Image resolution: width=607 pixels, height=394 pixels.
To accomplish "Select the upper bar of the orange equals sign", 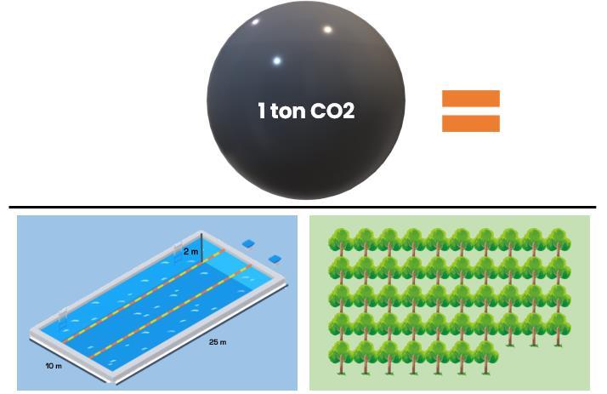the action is (x=470, y=99).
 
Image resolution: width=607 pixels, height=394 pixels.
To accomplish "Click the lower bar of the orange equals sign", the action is (x=470, y=123).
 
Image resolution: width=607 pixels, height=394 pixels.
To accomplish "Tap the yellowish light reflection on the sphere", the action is (x=326, y=30).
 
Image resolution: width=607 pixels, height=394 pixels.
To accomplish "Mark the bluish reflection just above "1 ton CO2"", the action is (x=276, y=60).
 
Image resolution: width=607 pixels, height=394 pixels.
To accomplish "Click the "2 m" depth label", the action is (x=190, y=252).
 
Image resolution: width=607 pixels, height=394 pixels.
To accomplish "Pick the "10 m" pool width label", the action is (x=54, y=365).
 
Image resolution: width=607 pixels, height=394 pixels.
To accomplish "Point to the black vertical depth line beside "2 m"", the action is (x=201, y=247).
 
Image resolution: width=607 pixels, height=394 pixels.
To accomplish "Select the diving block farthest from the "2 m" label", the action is (x=275, y=259).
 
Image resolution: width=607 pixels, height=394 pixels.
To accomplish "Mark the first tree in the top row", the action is (x=341, y=242).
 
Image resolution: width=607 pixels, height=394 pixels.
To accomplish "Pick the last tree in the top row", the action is (x=558, y=242).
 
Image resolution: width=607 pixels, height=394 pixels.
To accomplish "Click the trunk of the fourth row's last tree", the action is (x=559, y=340).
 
